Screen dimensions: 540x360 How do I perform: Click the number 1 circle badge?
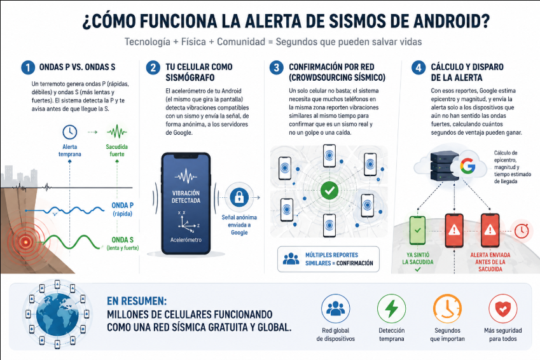coord(28,67)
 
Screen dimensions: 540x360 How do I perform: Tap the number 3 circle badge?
coord(276,67)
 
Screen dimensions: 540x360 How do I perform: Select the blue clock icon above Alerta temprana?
coord(69,132)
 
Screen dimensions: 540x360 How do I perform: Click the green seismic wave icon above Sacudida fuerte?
coord(117,132)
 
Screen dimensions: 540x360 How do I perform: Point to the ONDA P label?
coord(122,205)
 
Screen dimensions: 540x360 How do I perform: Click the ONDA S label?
coord(122,240)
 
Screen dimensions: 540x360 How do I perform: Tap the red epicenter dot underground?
coord(25,242)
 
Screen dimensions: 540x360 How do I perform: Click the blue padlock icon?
coord(239,197)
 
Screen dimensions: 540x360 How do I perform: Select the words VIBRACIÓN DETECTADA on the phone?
coord(186,197)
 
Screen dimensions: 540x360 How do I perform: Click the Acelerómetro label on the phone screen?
coord(186,240)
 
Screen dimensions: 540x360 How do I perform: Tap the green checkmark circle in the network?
coord(329,191)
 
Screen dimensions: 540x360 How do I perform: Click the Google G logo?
coord(467,166)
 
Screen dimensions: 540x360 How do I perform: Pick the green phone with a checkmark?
coord(417,230)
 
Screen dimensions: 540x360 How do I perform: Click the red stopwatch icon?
coord(522,230)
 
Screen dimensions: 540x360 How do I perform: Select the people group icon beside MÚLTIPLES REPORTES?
coord(291,259)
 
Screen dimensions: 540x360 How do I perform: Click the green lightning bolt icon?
coord(391,308)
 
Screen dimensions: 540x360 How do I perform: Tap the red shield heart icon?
coord(503,308)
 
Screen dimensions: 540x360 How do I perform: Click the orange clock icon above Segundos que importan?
coord(447,308)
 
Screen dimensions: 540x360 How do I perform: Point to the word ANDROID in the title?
coord(451,22)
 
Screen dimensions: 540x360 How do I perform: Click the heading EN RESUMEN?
coord(137,301)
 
